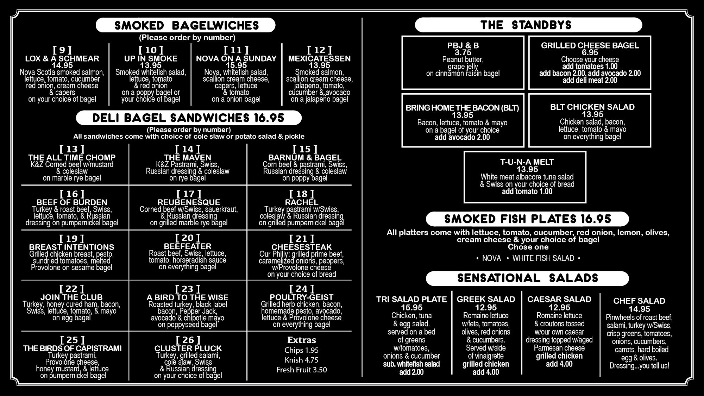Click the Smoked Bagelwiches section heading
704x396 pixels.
(x=187, y=25)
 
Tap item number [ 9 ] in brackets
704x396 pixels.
(x=62, y=50)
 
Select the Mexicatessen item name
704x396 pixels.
(x=319, y=58)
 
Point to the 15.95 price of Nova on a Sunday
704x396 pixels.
(x=236, y=65)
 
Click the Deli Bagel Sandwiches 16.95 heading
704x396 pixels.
(x=188, y=118)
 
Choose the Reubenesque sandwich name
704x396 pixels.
(x=189, y=202)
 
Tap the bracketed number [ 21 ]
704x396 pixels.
(x=301, y=239)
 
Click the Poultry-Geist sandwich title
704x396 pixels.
(x=301, y=297)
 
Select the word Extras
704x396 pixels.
(x=302, y=340)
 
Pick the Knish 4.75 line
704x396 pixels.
(x=302, y=360)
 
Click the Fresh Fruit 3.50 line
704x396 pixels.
(x=302, y=370)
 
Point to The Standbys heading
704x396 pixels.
(x=526, y=25)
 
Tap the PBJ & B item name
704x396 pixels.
(x=463, y=45)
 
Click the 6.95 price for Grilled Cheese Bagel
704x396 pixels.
(x=590, y=52)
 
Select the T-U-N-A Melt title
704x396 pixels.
(x=527, y=162)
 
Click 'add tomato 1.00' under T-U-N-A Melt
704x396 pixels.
(x=527, y=191)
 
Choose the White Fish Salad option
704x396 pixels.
(x=543, y=258)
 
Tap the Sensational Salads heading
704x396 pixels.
(x=528, y=278)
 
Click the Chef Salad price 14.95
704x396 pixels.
(x=639, y=309)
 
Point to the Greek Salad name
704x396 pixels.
(x=486, y=299)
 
